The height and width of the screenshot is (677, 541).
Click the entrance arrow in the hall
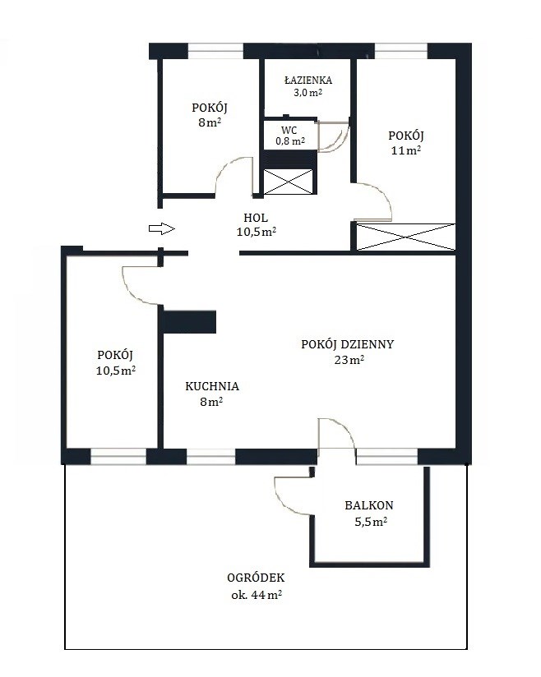pyautogui.click(x=162, y=229)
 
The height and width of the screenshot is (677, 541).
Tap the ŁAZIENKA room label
pyautogui.click(x=308, y=81)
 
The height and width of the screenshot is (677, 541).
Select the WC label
pyautogui.click(x=289, y=131)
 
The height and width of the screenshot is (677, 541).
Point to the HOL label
pyautogui.click(x=256, y=218)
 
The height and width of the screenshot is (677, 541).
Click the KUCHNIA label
pyautogui.click(x=212, y=386)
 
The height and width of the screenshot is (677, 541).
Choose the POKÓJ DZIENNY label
pyautogui.click(x=348, y=344)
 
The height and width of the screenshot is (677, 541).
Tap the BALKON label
pyautogui.click(x=369, y=505)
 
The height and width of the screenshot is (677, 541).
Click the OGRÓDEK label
pyautogui.click(x=256, y=578)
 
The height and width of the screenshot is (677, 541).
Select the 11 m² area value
pyautogui.click(x=406, y=150)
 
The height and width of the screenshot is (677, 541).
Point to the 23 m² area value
pyautogui.click(x=349, y=360)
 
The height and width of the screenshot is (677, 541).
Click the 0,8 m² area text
pyautogui.click(x=290, y=141)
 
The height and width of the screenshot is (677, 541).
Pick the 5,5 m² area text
pyautogui.click(x=371, y=522)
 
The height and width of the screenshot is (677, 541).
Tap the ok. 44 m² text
pyautogui.click(x=257, y=595)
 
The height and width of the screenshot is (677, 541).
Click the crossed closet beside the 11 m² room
pyautogui.click(x=406, y=237)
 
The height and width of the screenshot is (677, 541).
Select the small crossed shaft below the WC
pyautogui.click(x=288, y=182)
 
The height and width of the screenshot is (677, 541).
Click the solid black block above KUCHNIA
pyautogui.click(x=190, y=322)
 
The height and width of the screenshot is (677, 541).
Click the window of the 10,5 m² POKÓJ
pyautogui.click(x=118, y=456)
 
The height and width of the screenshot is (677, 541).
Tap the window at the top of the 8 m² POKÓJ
pyautogui.click(x=216, y=51)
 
